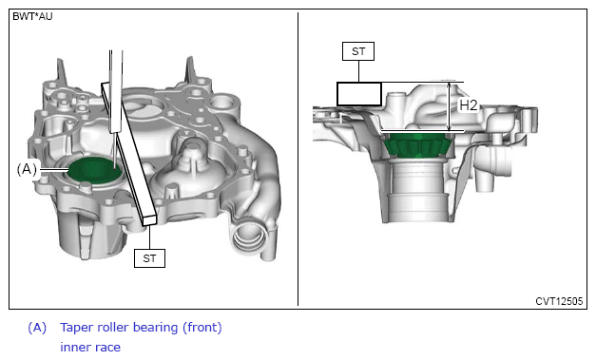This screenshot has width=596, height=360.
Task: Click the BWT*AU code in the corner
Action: click(x=32, y=16)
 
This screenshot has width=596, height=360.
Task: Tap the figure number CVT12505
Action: click(x=559, y=301)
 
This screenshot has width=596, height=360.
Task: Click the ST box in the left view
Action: click(x=149, y=258)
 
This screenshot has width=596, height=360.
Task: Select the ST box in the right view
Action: click(x=358, y=51)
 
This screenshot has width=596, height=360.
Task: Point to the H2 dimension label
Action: click(x=468, y=105)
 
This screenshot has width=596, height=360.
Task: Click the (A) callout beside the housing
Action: click(x=27, y=169)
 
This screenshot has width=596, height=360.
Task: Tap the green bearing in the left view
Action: click(x=95, y=170)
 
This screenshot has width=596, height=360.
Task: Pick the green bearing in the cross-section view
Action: click(x=417, y=145)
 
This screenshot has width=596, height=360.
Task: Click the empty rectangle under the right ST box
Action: click(x=359, y=94)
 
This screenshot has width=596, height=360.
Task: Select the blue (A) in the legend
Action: click(x=37, y=328)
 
